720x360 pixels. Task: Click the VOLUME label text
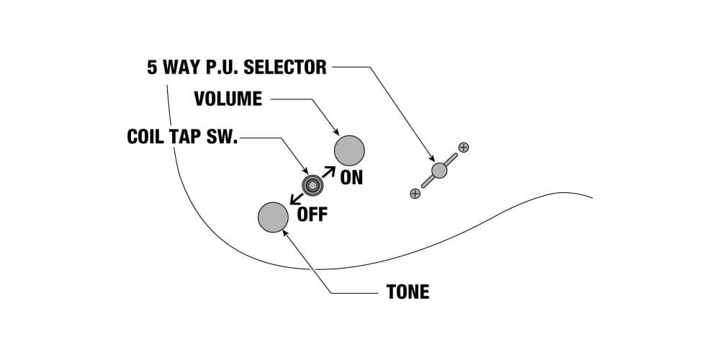coord(228,99)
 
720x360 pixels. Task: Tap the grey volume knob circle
coord(349,150)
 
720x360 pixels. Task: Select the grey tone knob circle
coord(273,217)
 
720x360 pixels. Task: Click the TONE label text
coord(408,292)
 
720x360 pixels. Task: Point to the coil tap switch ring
coord(312,185)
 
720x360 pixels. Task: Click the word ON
coord(351,177)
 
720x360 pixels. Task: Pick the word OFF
coord(312,214)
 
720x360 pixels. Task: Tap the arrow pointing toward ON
coord(328,173)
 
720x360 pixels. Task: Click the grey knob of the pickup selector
coord(439,171)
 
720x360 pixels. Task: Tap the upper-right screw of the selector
coord(463,148)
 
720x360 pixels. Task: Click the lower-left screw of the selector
coord(415,194)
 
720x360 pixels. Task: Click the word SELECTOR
coord(284,68)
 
